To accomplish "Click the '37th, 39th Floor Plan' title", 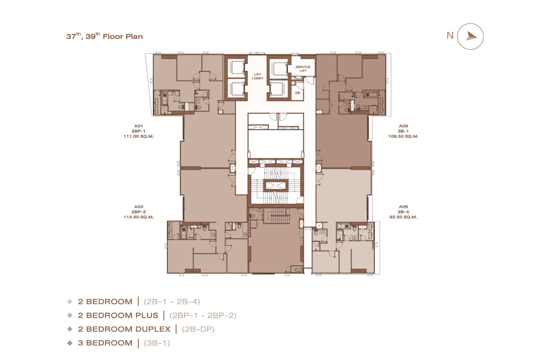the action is coord(104,36).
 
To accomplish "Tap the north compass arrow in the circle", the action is coord(471,37).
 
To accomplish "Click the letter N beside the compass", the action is coord(450,36).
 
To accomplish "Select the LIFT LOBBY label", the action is coord(258,76).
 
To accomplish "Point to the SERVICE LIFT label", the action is coord(303,69).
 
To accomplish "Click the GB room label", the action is coord(297,93).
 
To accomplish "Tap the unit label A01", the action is coord(139,126).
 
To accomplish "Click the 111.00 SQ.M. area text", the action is coord(139,136).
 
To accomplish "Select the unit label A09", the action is coord(403,126).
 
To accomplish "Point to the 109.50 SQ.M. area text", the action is coord(403,136).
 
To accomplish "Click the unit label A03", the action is coord(139,207).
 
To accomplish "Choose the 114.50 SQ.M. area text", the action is coord(139,217).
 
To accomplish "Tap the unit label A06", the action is coord(403,207).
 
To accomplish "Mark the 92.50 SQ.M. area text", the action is coord(403,217).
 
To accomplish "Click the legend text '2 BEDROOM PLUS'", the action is coord(118,315).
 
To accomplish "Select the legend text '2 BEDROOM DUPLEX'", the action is coord(124,329).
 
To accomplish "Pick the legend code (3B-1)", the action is coord(157,343).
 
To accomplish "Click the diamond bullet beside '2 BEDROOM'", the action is coord(70,301).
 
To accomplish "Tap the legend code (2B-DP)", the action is coord(198,329).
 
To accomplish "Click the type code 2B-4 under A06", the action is coord(403,212).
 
